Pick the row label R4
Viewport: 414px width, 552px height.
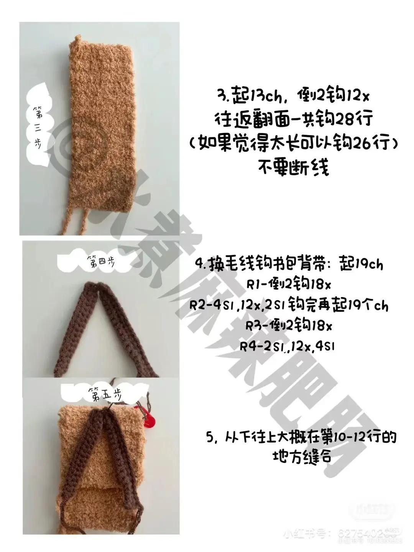248,347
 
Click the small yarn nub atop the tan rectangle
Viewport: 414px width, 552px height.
78,39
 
